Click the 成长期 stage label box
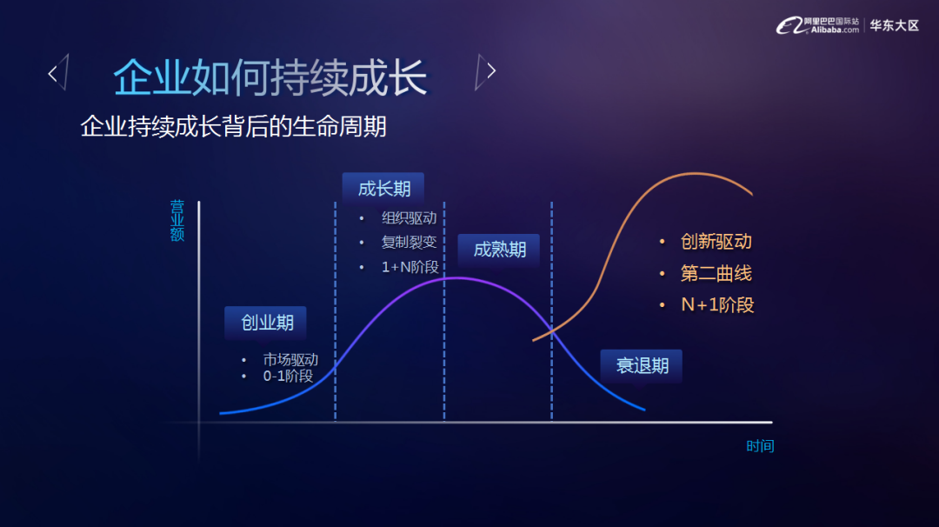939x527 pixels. pyautogui.click(x=383, y=189)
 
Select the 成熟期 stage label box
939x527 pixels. pyautogui.click(x=499, y=249)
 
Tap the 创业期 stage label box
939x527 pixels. pyautogui.click(x=266, y=323)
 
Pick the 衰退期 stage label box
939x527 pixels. pyautogui.click(x=642, y=365)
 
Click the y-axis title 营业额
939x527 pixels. pyautogui.click(x=177, y=220)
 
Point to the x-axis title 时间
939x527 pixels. pyautogui.click(x=760, y=446)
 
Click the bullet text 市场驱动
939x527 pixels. pyautogui.click(x=290, y=359)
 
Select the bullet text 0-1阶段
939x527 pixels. pyautogui.click(x=288, y=376)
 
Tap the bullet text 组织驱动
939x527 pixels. pyautogui.click(x=409, y=218)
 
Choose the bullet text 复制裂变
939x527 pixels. pyautogui.click(x=409, y=242)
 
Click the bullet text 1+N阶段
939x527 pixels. pyautogui.click(x=410, y=267)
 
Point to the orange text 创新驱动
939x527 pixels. pyautogui.click(x=716, y=242)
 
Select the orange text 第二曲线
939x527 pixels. pyautogui.click(x=716, y=274)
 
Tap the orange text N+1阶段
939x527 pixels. pyautogui.click(x=717, y=305)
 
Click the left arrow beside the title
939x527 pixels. pyautogui.click(x=58, y=72)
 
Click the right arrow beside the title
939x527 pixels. pyautogui.click(x=486, y=71)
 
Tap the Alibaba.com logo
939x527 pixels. pyautogui.click(x=817, y=25)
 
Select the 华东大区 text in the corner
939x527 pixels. pyautogui.click(x=894, y=25)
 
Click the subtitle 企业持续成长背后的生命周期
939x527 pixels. pyautogui.click(x=234, y=126)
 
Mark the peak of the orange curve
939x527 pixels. pyautogui.click(x=695, y=174)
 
